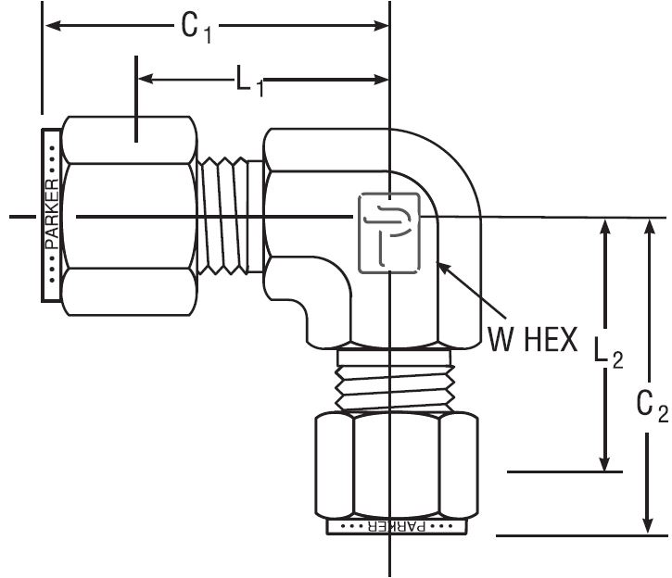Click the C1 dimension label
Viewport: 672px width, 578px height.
pyautogui.click(x=196, y=29)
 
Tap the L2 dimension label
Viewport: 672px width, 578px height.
pyautogui.click(x=607, y=350)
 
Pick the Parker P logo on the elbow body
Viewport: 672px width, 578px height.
pyautogui.click(x=388, y=233)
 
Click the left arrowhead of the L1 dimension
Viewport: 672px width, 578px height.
pyautogui.click(x=146, y=80)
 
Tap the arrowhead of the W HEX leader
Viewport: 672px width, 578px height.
pyautogui.click(x=442, y=268)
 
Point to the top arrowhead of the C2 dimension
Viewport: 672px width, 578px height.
pyautogui.click(x=647, y=227)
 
